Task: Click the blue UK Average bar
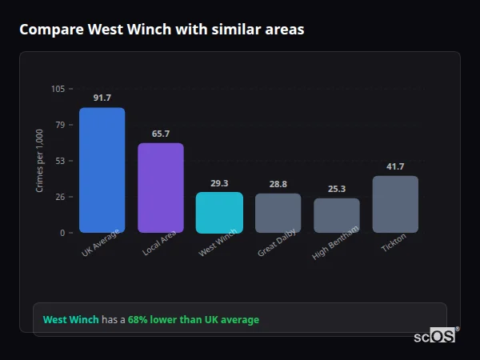(102, 170)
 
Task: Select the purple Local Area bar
(161, 188)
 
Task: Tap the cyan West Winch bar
(219, 212)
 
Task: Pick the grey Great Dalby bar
(278, 213)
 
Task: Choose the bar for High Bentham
(337, 215)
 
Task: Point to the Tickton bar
(395, 204)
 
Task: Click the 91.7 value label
(102, 98)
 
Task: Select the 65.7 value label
(161, 134)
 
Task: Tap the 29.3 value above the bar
(219, 183)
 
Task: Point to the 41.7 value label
(395, 166)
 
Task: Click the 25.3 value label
(337, 189)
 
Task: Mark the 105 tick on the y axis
(58, 89)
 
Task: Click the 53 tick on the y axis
(60, 161)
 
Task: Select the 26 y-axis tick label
(60, 197)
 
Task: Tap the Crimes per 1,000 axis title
(40, 161)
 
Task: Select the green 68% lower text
(194, 319)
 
